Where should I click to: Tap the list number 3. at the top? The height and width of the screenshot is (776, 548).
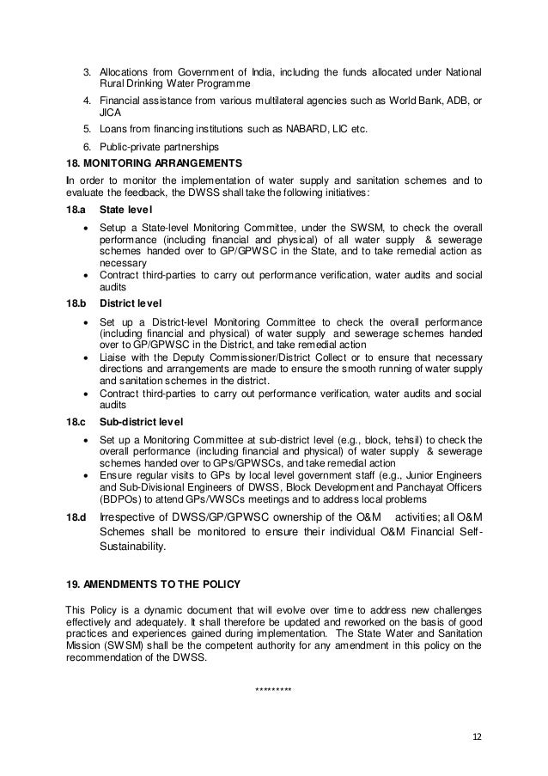tap(86, 70)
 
